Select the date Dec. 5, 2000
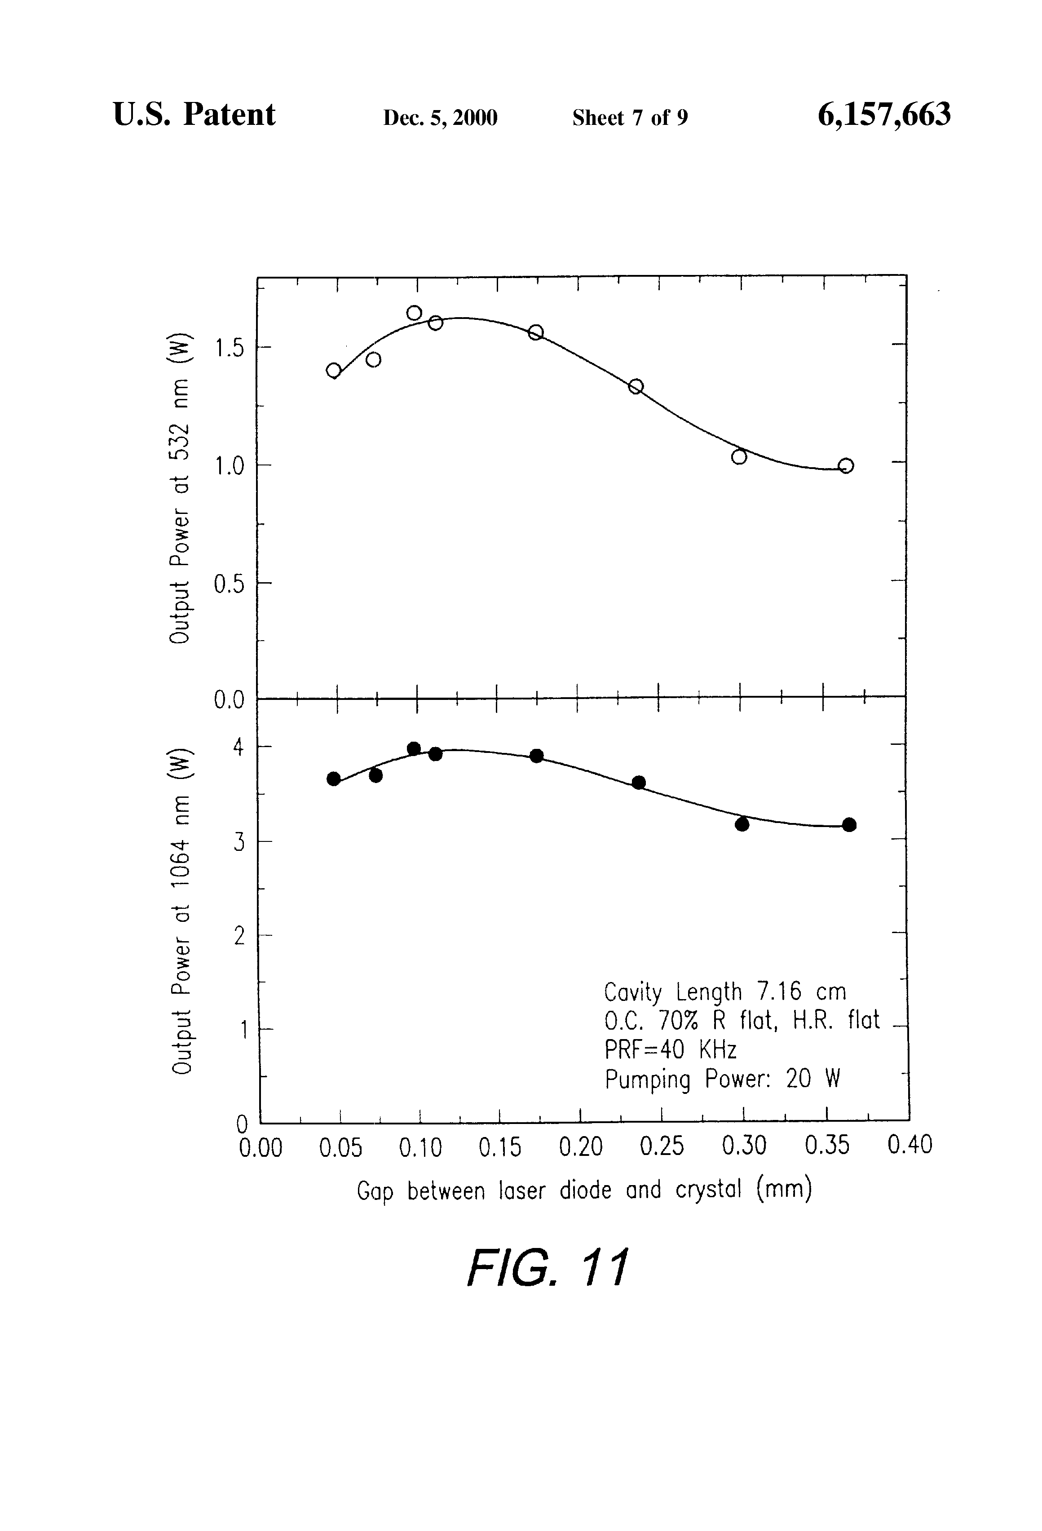pyautogui.click(x=440, y=117)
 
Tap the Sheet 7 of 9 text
pyautogui.click(x=630, y=117)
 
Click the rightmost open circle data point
pyautogui.click(x=846, y=466)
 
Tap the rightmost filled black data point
pyautogui.click(x=849, y=824)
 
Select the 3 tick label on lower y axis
pyautogui.click(x=239, y=842)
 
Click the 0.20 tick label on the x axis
pyautogui.click(x=580, y=1147)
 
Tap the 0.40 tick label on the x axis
pyautogui.click(x=910, y=1145)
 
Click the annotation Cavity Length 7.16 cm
pyautogui.click(x=724, y=991)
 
